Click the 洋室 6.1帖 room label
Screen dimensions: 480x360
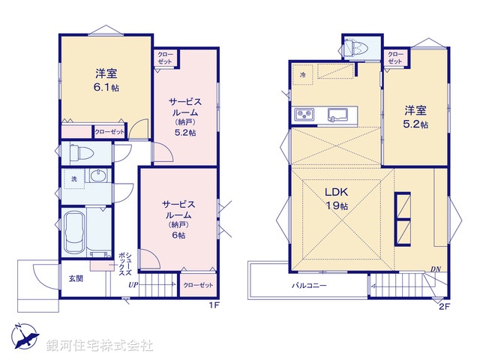point(106,80)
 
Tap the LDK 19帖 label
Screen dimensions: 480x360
point(336,198)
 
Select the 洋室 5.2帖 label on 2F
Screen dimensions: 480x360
point(415,117)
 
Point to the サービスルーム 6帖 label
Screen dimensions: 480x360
point(178,219)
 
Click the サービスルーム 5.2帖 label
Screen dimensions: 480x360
point(185,117)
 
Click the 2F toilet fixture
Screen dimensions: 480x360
point(355,47)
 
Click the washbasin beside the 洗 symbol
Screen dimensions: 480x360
point(98,176)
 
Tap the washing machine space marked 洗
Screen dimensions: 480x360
point(74,179)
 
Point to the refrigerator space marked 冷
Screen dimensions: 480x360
point(302,74)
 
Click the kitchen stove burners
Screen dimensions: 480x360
point(304,115)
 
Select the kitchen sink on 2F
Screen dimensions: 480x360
point(337,115)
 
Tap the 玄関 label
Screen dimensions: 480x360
point(75,278)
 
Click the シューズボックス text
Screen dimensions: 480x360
point(125,264)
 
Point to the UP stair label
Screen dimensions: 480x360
point(133,285)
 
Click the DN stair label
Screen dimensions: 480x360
point(436,269)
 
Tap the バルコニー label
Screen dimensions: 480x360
point(309,286)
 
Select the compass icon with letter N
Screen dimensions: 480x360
point(25,336)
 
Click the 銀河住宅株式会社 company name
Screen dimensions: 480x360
point(100,346)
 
